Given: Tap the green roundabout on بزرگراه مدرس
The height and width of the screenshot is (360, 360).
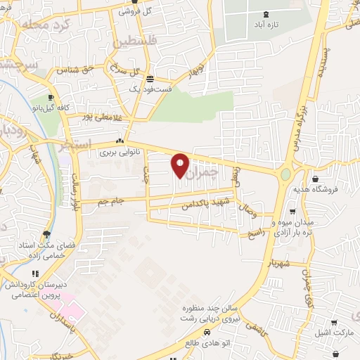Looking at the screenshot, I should point(285,174).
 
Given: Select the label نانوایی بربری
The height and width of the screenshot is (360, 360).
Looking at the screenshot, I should point(116,151).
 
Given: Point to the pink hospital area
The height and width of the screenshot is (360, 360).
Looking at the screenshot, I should point(70,310).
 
